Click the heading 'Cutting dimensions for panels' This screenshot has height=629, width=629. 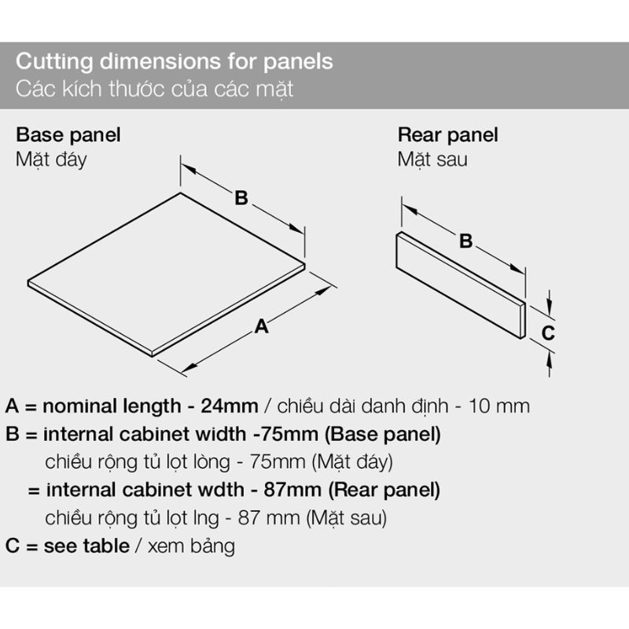[175, 62]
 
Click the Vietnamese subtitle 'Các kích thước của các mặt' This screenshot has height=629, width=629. [155, 89]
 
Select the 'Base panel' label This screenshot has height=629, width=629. [68, 135]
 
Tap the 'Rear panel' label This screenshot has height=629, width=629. [447, 135]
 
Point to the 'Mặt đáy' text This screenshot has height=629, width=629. [51, 160]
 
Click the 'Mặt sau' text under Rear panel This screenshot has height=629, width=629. [432, 160]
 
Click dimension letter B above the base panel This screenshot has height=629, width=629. [241, 198]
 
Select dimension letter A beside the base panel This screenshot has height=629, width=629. [262, 326]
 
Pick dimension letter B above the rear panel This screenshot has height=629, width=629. [465, 241]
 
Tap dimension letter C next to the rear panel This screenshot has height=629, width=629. [548, 333]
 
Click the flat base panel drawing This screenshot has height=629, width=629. [167, 274]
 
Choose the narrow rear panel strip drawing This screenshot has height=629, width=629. [461, 285]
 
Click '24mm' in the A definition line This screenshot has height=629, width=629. [230, 406]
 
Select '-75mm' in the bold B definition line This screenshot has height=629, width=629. [285, 435]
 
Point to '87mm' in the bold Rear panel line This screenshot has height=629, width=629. [292, 490]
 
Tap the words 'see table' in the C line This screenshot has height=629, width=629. [86, 546]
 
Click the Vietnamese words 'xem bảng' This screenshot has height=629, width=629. [191, 547]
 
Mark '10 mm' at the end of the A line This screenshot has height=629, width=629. [499, 406]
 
